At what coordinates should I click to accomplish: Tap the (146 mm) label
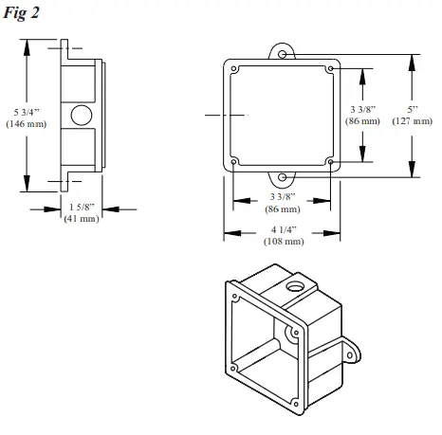[25, 123]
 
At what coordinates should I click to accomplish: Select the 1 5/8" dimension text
[82, 207]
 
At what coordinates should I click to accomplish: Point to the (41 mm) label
[82, 219]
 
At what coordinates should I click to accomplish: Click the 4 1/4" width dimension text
[282, 230]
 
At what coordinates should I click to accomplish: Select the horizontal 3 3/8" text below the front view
[282, 196]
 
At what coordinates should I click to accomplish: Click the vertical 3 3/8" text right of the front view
[364, 109]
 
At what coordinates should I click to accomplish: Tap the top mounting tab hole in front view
[283, 55]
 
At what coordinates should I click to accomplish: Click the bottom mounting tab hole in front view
[283, 176]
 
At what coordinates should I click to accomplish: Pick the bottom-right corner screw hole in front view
[329, 162]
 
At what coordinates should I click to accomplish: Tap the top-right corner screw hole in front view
[329, 69]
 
